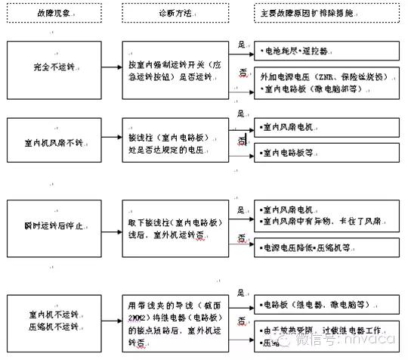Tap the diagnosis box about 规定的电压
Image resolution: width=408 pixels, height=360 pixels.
pyautogui.click(x=175, y=141)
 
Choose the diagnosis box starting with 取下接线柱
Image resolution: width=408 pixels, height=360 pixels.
pyautogui.click(x=175, y=225)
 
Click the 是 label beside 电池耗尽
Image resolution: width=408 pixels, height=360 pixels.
pyautogui.click(x=241, y=44)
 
